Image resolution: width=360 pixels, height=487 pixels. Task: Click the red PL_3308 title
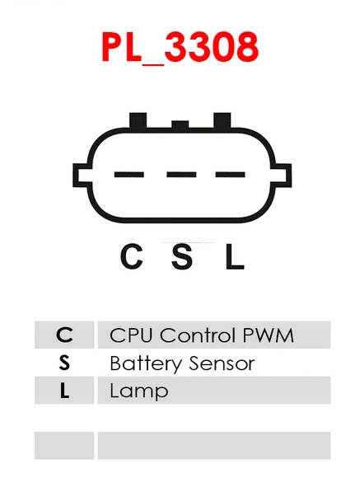[180, 48]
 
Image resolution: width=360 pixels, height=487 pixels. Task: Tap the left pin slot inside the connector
[129, 175]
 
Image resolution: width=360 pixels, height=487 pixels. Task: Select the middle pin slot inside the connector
[181, 175]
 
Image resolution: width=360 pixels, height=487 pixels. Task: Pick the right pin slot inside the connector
[230, 175]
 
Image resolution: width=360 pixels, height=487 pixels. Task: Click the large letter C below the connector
[132, 256]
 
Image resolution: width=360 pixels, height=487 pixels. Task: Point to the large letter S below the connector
[182, 256]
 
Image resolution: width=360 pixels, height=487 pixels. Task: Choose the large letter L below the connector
[235, 256]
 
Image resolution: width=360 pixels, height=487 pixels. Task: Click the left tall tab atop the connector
[138, 120]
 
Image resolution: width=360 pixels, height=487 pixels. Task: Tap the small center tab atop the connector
[180, 124]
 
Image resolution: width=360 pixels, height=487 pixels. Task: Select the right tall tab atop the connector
[222, 120]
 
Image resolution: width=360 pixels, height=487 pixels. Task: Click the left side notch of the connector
[82, 176]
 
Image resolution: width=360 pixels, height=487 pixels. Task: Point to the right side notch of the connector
[282, 176]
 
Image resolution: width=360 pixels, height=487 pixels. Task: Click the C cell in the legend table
[64, 335]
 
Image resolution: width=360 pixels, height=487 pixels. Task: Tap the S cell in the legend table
[64, 363]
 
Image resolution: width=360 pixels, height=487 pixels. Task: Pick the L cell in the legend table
[64, 391]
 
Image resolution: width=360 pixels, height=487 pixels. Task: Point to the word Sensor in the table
[222, 363]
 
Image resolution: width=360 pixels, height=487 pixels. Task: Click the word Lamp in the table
[139, 392]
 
